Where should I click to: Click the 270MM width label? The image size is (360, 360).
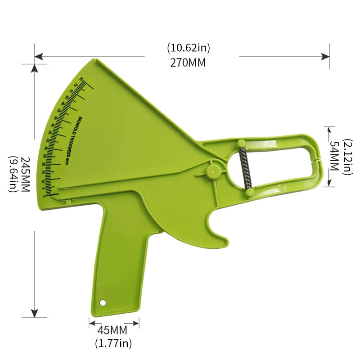(188, 63)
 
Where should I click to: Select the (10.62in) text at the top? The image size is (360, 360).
(188, 48)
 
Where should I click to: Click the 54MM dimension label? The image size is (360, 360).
(334, 156)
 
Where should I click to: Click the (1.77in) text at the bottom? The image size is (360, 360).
(113, 343)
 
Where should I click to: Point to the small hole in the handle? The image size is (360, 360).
(103, 302)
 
